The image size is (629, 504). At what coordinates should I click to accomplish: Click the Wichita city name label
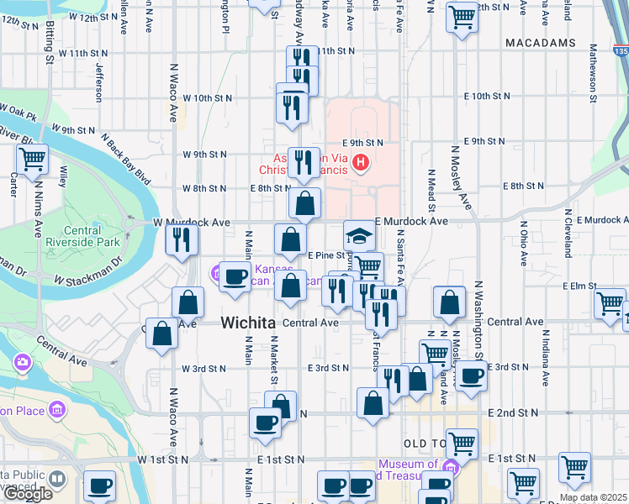[x=248, y=323]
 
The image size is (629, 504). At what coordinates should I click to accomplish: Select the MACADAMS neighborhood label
[x=541, y=43]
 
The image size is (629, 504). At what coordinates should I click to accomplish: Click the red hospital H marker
[x=361, y=161]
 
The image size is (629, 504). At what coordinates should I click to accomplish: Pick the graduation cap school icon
[x=359, y=235]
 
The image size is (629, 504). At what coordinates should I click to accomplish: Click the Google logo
[x=27, y=494]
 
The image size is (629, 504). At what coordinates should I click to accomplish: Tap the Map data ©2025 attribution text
[x=593, y=497]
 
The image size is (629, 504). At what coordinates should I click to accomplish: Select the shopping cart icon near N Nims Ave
[x=32, y=158]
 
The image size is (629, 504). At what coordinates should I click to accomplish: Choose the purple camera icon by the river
[x=22, y=363]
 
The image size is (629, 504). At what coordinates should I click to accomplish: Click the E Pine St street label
[x=326, y=255]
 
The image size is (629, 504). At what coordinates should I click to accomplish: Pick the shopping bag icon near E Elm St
[x=451, y=302]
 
